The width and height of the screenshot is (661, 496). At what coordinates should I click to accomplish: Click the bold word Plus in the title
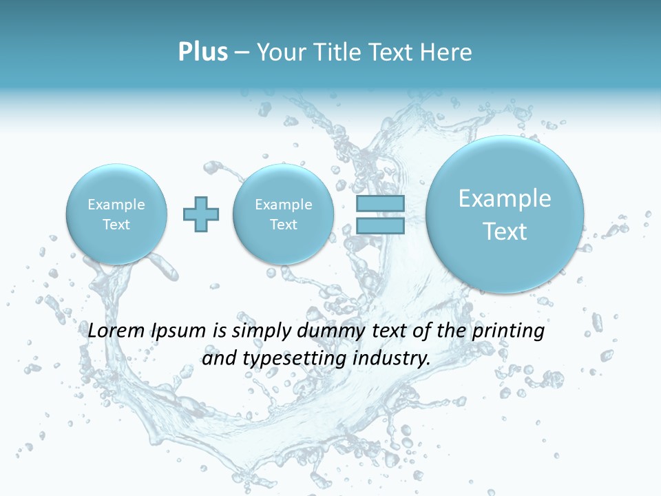202,52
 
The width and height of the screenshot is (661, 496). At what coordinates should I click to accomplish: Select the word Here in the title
447,52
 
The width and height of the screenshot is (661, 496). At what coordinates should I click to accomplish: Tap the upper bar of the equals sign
380,204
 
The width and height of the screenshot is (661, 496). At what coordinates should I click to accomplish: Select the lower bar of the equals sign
380,225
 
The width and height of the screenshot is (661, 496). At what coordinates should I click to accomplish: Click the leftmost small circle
116,214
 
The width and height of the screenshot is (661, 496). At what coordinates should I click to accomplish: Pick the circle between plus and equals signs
283,214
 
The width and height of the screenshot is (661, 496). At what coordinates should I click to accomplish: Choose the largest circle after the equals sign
505,214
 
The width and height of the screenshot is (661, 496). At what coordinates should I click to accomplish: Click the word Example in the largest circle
505,198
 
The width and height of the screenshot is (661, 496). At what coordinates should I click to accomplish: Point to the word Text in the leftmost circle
116,225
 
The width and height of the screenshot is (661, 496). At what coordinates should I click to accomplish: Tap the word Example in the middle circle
283,205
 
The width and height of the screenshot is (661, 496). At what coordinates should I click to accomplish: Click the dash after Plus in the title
242,53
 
